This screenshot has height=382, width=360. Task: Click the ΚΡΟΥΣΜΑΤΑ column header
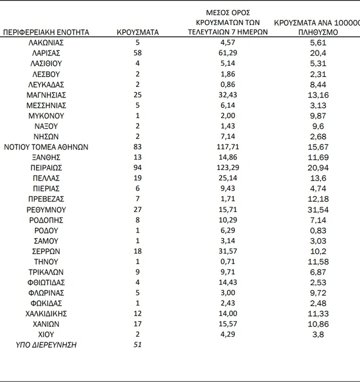click(138, 32)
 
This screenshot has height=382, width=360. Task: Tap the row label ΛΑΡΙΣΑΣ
click(46, 53)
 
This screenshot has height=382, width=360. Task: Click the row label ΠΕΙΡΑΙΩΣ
click(46, 167)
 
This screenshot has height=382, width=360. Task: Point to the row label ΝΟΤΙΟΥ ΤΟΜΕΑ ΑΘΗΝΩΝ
click(46, 147)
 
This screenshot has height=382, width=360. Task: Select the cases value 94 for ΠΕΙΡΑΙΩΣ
click(138, 167)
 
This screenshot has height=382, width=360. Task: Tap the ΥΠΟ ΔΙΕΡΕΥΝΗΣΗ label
click(46, 345)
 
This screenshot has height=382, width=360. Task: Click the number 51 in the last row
click(138, 345)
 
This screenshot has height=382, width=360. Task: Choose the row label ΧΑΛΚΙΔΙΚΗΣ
click(46, 313)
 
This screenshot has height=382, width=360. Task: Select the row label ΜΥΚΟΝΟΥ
click(46, 116)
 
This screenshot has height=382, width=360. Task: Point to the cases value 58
click(138, 53)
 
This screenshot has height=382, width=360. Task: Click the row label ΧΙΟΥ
click(46, 334)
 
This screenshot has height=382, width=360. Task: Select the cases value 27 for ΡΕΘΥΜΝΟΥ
click(138, 209)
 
